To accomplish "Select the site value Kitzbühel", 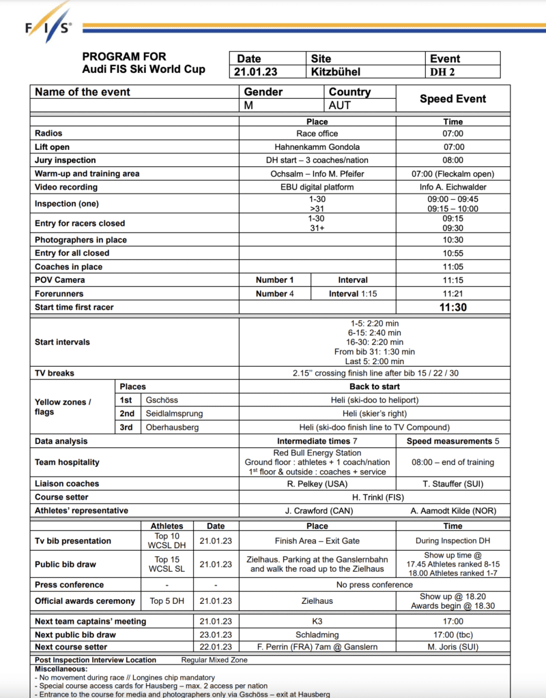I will point(336,72).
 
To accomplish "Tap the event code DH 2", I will point(443,72).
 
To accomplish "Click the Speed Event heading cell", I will point(452,99).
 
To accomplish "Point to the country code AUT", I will point(340,106).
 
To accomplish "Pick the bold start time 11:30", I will point(452,307).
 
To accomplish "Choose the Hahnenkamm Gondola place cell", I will point(317,147).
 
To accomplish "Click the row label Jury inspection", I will point(66,160).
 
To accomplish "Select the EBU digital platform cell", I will point(317,187).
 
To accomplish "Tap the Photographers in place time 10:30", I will point(452,240).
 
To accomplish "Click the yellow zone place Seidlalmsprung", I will point(174,414).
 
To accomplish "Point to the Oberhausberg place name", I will point(172,427).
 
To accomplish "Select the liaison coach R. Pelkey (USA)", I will point(317,483).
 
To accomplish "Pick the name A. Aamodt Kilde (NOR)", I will point(452,511).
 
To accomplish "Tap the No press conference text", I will point(374,585).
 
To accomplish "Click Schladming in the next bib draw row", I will point(317,634).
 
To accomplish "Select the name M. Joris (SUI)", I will point(452,647).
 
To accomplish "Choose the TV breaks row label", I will point(55,374).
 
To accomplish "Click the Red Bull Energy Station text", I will point(317,453).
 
